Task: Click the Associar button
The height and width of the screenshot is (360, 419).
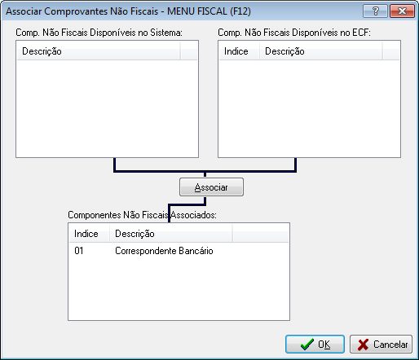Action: tap(211, 187)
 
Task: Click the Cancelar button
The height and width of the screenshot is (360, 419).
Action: tap(381, 345)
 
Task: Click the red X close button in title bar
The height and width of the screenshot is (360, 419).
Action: tap(402, 11)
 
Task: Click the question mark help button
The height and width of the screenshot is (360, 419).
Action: tap(375, 11)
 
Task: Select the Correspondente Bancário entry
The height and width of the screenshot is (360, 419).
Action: tap(164, 251)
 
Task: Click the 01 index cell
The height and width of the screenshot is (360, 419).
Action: tap(79, 251)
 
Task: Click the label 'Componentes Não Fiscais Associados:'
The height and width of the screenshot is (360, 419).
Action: tap(142, 215)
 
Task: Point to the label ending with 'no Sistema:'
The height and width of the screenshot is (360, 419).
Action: tap(99, 33)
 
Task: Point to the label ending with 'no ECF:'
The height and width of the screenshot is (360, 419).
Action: tap(294, 33)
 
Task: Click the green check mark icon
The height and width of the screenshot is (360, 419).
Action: tap(307, 345)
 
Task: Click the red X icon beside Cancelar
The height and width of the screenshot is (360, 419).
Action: tap(363, 345)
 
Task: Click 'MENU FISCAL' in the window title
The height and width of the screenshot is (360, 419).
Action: tap(197, 11)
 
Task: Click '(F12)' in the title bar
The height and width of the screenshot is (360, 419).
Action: tap(240, 11)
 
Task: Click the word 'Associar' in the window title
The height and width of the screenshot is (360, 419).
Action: tap(24, 11)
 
